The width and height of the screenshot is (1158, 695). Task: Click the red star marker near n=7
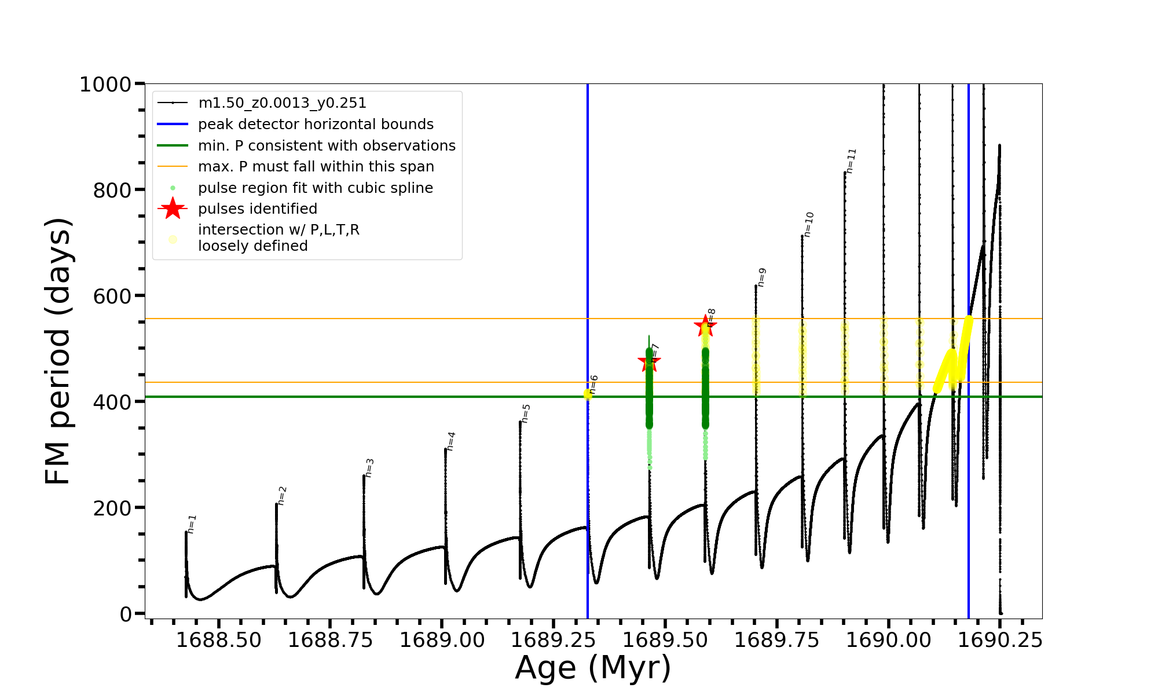pos(649,363)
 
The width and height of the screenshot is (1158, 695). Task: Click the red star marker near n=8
pos(705,325)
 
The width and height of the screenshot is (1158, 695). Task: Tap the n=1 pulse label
pos(192,524)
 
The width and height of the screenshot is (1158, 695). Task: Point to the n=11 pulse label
pos(851,160)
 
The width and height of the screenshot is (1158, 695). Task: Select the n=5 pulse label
pos(526,413)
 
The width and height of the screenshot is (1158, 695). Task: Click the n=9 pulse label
pos(762,277)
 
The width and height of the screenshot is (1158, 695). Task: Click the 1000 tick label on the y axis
pos(105,85)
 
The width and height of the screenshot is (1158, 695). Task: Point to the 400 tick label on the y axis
pos(112,402)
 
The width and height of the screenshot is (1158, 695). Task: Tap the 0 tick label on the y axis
pos(126,614)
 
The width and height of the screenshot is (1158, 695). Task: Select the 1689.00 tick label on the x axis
pos(442,641)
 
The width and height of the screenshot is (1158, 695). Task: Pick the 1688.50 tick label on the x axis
pos(219,641)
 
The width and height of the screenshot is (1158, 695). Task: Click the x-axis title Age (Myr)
pos(593,668)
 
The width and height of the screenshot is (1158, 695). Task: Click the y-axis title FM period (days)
pos(58,351)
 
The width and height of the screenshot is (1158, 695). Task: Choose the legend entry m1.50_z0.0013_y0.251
pos(282,103)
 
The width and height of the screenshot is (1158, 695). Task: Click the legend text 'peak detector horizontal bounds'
pos(316,125)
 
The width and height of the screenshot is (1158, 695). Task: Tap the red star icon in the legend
pos(173,209)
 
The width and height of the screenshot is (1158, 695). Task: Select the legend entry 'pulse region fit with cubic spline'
pos(315,188)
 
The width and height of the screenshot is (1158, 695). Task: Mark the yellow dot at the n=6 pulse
pos(588,394)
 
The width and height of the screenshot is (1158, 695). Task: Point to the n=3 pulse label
pos(369,467)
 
